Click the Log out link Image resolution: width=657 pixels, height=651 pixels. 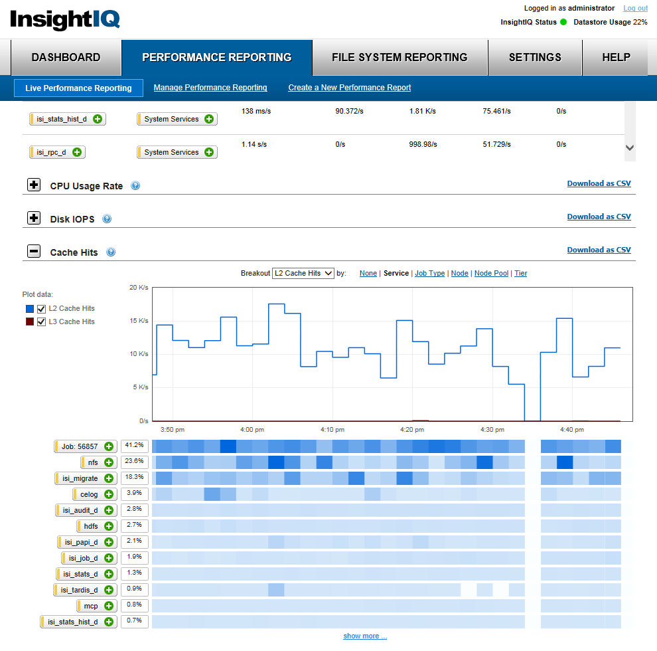[x=635, y=8]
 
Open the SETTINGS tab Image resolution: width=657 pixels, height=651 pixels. [x=535, y=57]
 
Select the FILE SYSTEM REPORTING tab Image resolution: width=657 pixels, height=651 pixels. [x=400, y=57]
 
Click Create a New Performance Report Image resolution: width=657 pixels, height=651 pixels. [x=349, y=88]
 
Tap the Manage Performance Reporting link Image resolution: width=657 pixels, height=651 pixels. [x=210, y=88]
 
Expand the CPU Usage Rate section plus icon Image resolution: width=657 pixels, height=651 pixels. [x=34, y=185]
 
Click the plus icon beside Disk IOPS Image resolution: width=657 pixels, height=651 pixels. [x=34, y=218]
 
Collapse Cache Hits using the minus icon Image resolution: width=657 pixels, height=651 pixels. [x=34, y=251]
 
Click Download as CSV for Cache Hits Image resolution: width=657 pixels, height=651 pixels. [x=599, y=250]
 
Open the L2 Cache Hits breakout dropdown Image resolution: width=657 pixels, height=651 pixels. [x=303, y=273]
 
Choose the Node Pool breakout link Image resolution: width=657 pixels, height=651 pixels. [x=491, y=273]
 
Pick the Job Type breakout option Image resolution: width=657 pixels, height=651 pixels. [x=429, y=273]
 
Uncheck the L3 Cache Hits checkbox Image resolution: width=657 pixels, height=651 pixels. [x=42, y=322]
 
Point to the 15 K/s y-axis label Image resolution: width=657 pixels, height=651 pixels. [x=138, y=321]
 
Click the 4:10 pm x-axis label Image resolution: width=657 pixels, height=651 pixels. [x=332, y=430]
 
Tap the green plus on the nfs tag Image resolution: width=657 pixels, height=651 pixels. [x=110, y=462]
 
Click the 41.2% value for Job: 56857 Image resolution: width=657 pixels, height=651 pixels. [x=135, y=446]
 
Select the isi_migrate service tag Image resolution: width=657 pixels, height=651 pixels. [x=80, y=478]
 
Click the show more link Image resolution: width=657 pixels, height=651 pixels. [x=364, y=636]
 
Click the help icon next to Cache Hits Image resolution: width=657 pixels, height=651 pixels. [x=111, y=252]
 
